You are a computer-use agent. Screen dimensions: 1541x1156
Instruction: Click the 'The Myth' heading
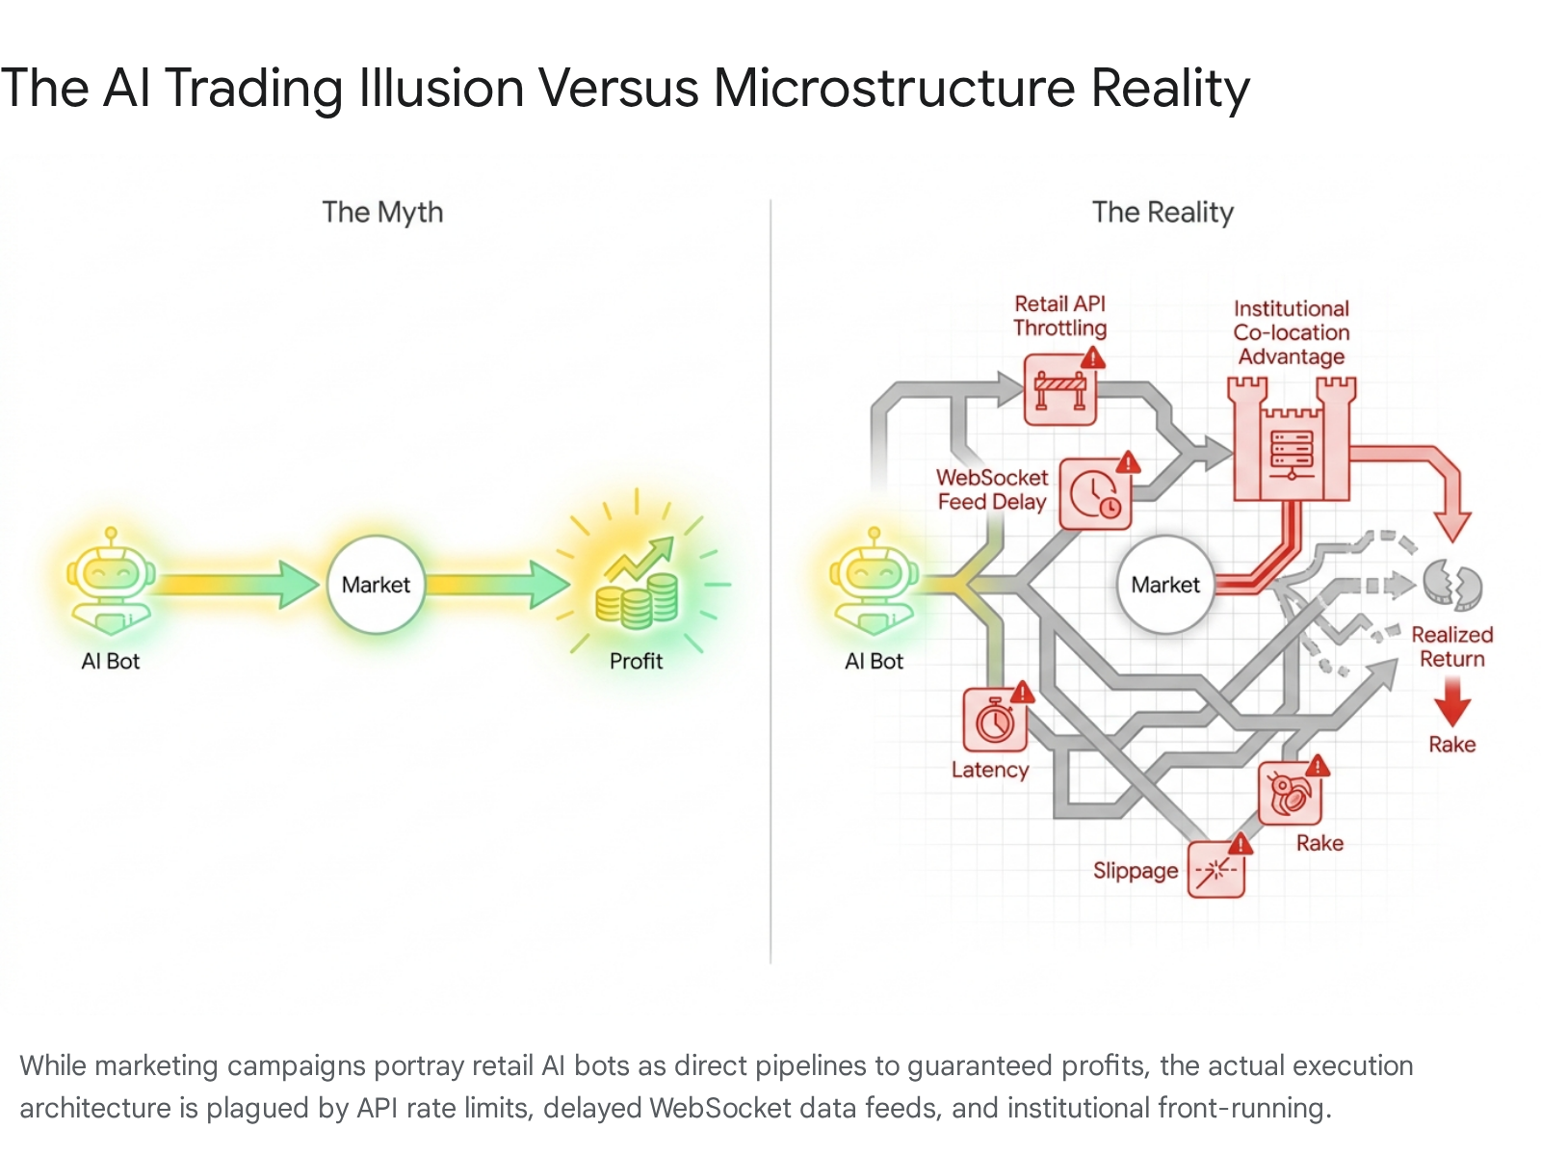pyautogui.click(x=382, y=212)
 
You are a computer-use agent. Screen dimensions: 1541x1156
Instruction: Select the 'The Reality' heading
pyautogui.click(x=1162, y=212)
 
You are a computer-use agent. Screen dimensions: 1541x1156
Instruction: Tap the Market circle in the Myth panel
pyautogui.click(x=376, y=584)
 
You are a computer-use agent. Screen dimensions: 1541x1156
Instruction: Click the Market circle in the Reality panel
pyautogui.click(x=1164, y=584)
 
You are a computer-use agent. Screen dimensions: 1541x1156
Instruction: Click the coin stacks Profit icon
pyautogui.click(x=638, y=583)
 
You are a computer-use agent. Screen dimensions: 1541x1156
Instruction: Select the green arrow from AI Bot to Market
pyautogui.click(x=235, y=584)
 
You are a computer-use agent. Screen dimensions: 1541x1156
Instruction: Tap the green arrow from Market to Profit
pyautogui.click(x=497, y=584)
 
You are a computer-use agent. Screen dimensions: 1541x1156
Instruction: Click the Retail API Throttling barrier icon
pyautogui.click(x=1059, y=389)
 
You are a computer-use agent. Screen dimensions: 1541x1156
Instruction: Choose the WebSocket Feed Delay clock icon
pyautogui.click(x=1094, y=493)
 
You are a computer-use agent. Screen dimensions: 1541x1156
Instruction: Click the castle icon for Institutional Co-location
pyautogui.click(x=1292, y=438)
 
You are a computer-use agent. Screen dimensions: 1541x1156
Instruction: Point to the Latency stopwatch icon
pyautogui.click(x=995, y=720)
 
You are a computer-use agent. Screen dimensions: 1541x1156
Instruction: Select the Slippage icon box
pyautogui.click(x=1216, y=870)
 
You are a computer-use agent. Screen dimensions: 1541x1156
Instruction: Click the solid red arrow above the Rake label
pyautogui.click(x=1451, y=701)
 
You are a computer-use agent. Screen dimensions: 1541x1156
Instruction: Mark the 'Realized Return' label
pyautogui.click(x=1451, y=646)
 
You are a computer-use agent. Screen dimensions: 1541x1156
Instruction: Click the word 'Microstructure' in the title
pyautogui.click(x=894, y=88)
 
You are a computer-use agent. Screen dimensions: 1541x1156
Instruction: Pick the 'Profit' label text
pyautogui.click(x=636, y=661)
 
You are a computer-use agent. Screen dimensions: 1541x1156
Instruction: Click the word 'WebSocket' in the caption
pyautogui.click(x=719, y=1108)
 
